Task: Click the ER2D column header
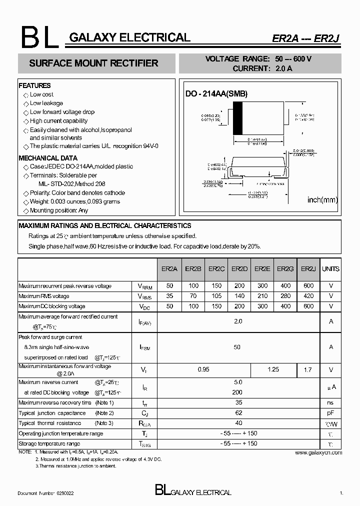pos(239,269)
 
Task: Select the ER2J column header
pos(308,269)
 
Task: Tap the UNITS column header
pos(330,269)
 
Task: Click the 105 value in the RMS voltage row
pos(216,296)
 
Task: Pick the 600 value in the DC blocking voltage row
pos(308,306)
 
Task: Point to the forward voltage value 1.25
pos(273,369)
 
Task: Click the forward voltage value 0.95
pos(204,369)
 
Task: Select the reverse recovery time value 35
pos(238,402)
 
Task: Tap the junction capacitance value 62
pos(238,413)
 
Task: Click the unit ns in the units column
pos(330,402)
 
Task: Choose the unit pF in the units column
pos(330,413)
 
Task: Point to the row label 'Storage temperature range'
pos(49,444)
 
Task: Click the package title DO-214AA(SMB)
pos(216,93)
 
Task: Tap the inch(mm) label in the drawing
pos(322,200)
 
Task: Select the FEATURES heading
pos(34,85)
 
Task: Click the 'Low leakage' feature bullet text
pos(46,103)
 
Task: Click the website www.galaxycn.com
pos(318,452)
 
